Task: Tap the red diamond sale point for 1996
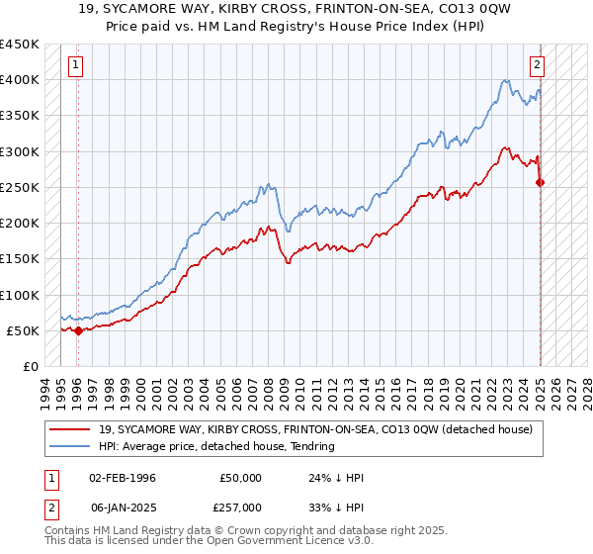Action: tap(78, 330)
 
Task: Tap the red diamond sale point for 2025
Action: tap(541, 182)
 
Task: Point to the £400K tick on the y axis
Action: tap(20, 80)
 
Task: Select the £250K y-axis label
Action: tap(20, 187)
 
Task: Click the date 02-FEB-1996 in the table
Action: tap(124, 478)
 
